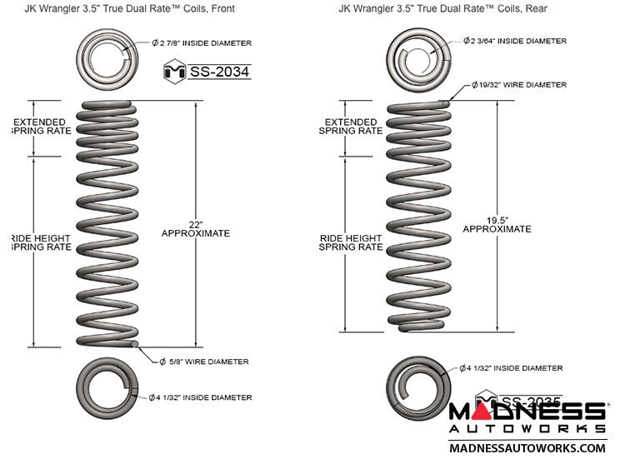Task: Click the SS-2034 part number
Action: pyautogui.click(x=220, y=72)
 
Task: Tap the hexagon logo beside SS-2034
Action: pyautogui.click(x=176, y=72)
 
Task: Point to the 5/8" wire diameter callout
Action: pyautogui.click(x=203, y=362)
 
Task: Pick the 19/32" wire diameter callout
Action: pyautogui.click(x=518, y=85)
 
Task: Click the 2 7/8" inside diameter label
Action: pyautogui.click(x=201, y=42)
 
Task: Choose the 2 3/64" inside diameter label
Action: pyautogui.click(x=516, y=41)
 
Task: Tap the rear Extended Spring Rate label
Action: pyautogui.click(x=352, y=125)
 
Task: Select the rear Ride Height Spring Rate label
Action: pyautogui.click(x=352, y=242)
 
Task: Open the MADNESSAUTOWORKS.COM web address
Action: pyautogui.click(x=527, y=448)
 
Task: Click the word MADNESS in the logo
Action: pyautogui.click(x=527, y=412)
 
